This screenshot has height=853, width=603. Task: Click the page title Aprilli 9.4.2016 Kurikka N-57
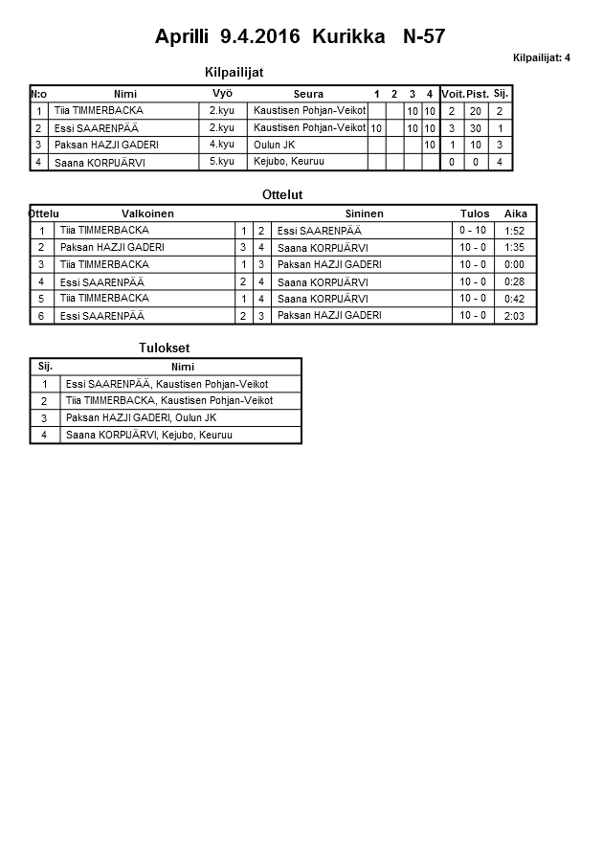click(300, 36)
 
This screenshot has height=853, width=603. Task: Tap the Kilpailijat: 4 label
click(541, 58)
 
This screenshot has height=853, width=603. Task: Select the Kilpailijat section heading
click(234, 72)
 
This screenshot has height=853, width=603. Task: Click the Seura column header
click(308, 94)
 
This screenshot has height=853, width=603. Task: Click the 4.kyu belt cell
click(222, 145)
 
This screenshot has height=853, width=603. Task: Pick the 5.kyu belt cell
click(222, 162)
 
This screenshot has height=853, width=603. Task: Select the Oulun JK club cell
click(274, 145)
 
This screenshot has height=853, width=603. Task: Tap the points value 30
click(475, 128)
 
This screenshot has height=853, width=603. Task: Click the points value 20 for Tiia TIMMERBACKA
click(475, 111)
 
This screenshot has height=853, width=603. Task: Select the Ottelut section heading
click(282, 194)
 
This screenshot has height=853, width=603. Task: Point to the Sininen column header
click(364, 213)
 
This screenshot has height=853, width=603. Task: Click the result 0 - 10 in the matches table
click(473, 231)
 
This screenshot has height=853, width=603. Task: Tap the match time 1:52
click(514, 231)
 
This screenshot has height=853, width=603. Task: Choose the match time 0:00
click(514, 264)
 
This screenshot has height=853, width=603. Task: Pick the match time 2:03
click(514, 316)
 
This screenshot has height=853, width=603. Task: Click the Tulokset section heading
click(158, 348)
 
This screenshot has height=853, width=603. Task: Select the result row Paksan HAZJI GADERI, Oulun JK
click(141, 418)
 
